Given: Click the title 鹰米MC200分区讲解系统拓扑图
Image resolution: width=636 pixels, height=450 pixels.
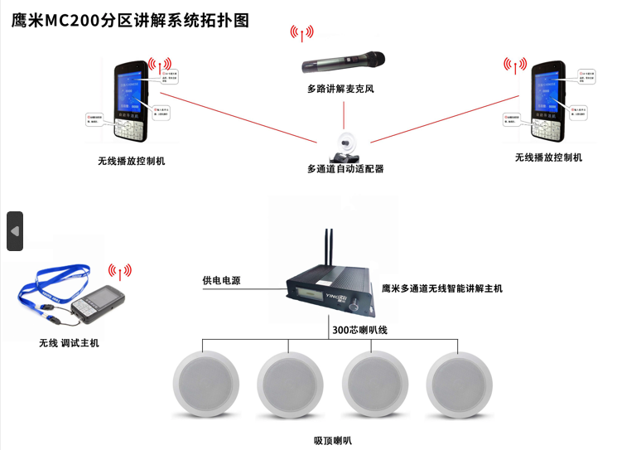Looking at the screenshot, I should [130, 21].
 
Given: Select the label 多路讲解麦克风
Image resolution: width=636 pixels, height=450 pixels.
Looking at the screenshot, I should [340, 89].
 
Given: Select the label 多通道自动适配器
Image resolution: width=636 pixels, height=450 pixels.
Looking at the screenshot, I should [345, 169].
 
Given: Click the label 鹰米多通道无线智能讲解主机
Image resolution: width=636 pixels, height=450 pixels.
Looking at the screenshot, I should [441, 289].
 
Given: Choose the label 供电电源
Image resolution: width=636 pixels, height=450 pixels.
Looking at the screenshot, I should [221, 281].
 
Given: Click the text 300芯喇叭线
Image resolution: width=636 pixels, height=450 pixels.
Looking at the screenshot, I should [359, 330].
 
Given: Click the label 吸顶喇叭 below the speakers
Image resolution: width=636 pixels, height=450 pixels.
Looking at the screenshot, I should [332, 440].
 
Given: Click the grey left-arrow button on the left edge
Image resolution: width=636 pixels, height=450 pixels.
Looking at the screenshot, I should [15, 231].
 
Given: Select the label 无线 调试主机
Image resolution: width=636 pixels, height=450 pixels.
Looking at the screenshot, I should [69, 342].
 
